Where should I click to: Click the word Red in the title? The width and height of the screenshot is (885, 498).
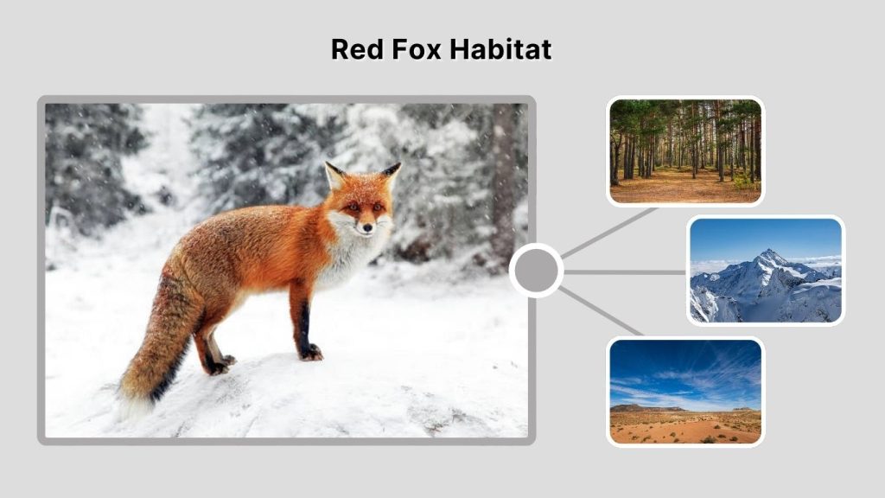pyautogui.click(x=355, y=49)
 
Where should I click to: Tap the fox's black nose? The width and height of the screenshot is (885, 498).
pyautogui.click(x=367, y=229)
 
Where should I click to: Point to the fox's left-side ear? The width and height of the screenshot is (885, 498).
pyautogui.click(x=334, y=176)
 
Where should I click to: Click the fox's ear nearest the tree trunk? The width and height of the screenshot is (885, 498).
pyautogui.click(x=392, y=171)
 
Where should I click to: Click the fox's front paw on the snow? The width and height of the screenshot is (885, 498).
pyautogui.click(x=310, y=352)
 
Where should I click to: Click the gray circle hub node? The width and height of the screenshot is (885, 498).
pyautogui.click(x=536, y=271)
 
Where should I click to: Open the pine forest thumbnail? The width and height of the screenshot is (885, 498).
pyautogui.click(x=684, y=151)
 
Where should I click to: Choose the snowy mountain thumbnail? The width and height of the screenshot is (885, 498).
pyautogui.click(x=765, y=271)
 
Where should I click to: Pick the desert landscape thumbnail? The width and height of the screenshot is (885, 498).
pyautogui.click(x=684, y=392)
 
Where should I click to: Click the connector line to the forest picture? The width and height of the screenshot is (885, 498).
pyautogui.click(x=609, y=233)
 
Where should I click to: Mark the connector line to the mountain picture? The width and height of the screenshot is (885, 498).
pyautogui.click(x=624, y=271)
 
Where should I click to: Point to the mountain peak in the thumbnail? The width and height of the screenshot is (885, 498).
pyautogui.click(x=766, y=255)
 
